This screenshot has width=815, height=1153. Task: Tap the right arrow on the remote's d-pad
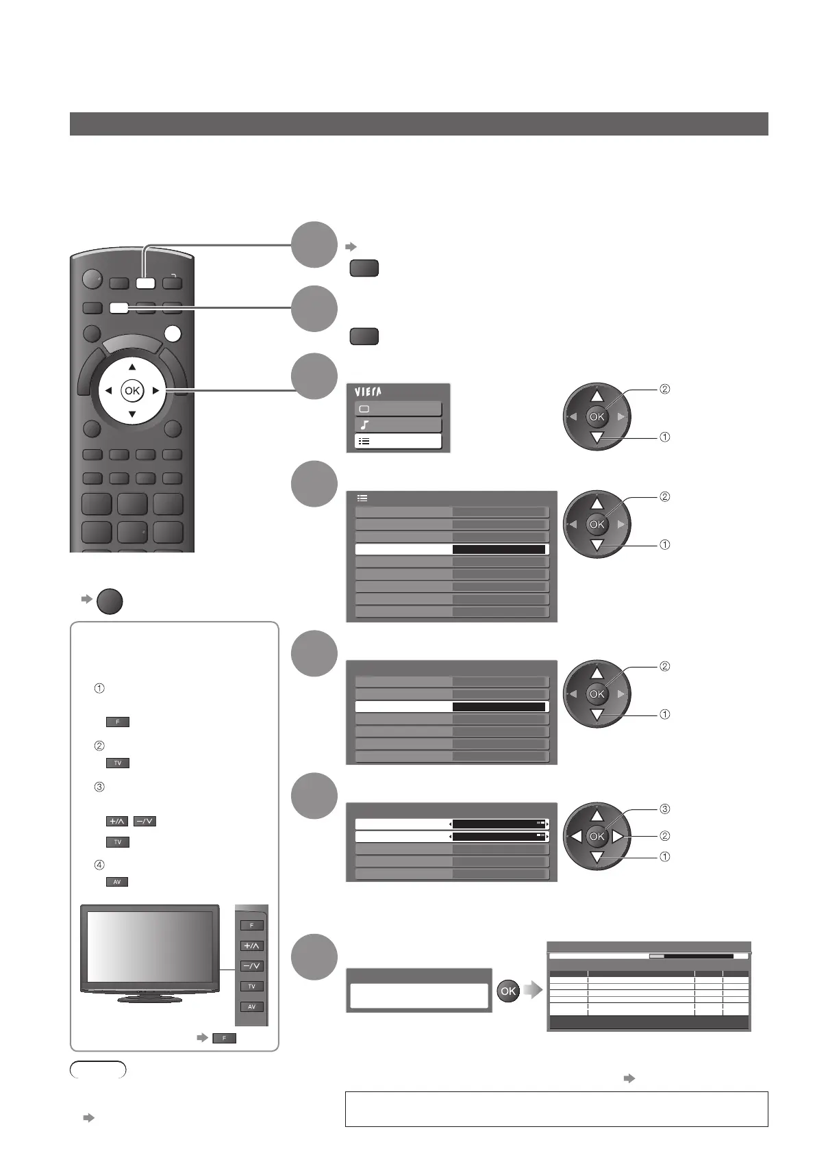(156, 391)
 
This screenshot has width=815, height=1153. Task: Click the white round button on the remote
(174, 333)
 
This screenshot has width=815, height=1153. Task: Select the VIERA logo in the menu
(368, 392)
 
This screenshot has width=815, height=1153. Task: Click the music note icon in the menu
(364, 425)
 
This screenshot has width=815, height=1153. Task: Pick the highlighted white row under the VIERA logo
(398, 442)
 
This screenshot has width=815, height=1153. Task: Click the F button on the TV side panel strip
(251, 925)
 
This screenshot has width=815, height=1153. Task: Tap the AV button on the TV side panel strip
(251, 1006)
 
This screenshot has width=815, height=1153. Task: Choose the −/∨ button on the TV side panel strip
(251, 966)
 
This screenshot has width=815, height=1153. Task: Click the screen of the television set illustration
(150, 947)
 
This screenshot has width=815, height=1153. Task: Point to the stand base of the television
(149, 999)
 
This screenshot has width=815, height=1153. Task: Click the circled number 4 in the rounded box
(99, 865)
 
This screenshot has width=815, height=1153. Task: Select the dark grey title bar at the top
(418, 124)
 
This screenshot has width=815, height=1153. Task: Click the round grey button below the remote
(110, 602)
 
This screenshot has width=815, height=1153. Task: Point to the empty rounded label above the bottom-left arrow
(98, 1069)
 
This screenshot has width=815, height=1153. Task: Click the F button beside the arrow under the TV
(224, 1038)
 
